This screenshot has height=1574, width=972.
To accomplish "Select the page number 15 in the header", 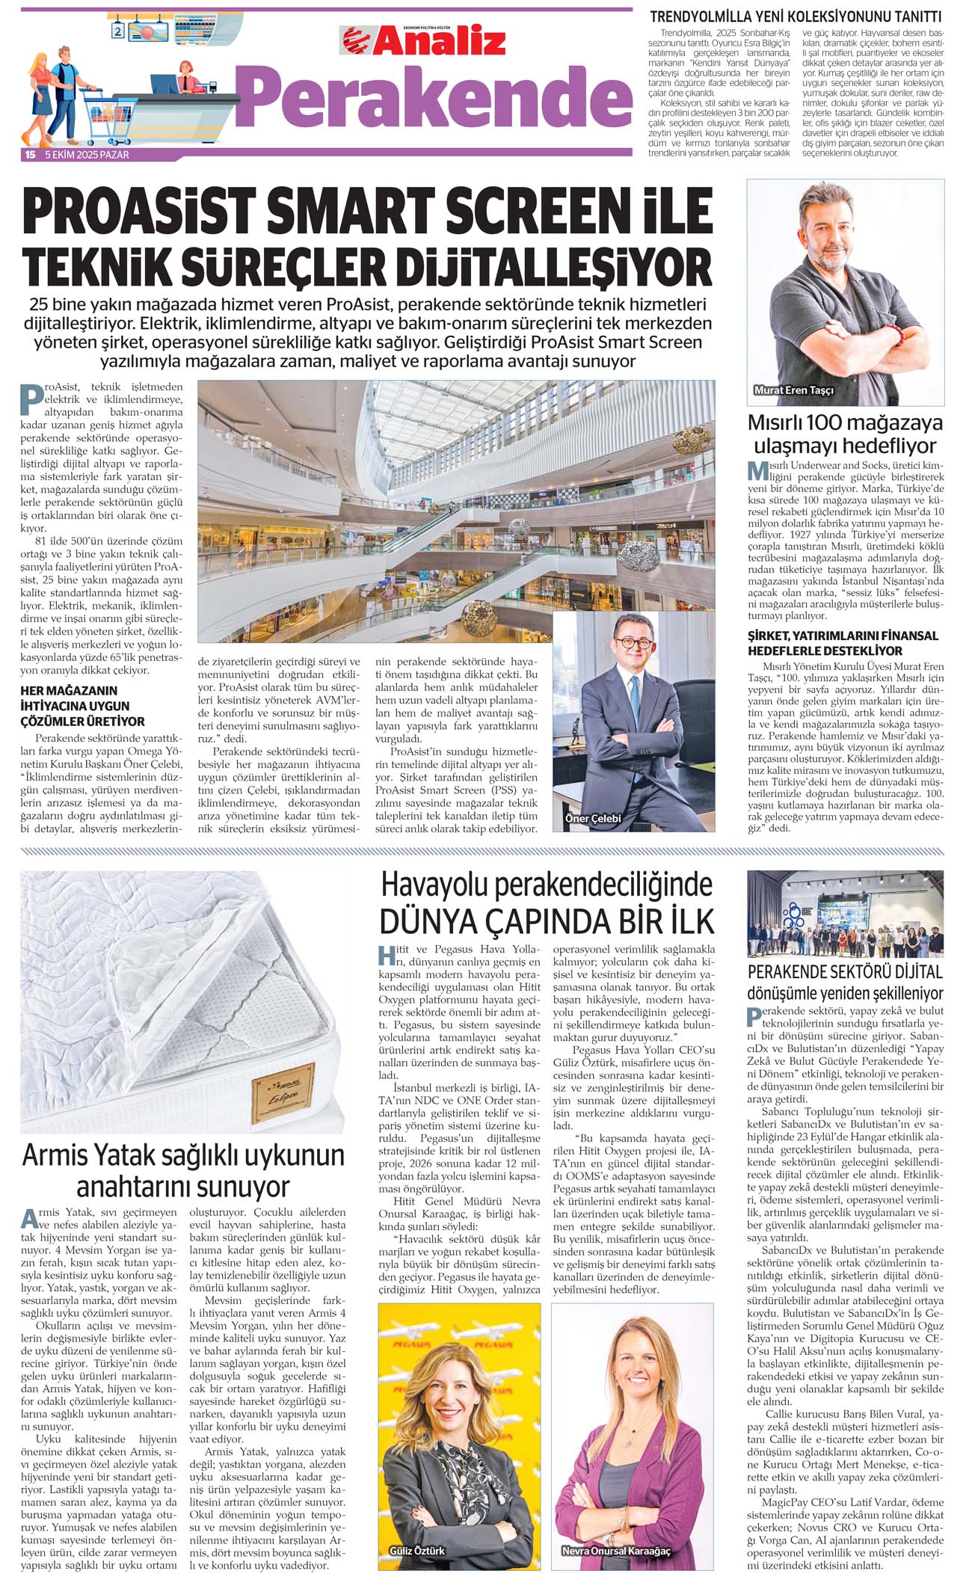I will pyautogui.click(x=30, y=155).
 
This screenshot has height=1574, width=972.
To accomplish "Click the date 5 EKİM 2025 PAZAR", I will pyautogui.click(x=87, y=155).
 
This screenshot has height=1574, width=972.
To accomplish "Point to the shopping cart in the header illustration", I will pyautogui.click(x=109, y=112).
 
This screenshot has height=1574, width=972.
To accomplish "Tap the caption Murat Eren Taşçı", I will pyautogui.click(x=794, y=390).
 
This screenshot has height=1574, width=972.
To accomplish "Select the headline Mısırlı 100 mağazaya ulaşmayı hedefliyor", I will pyautogui.click(x=845, y=434).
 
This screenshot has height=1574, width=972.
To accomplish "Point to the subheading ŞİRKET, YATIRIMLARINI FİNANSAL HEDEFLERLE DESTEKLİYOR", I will pyautogui.click(x=843, y=643).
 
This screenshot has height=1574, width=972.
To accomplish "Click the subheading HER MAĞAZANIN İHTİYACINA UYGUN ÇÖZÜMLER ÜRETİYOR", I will pyautogui.click(x=83, y=706).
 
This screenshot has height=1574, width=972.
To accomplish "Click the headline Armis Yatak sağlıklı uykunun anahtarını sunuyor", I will pyautogui.click(x=183, y=1170).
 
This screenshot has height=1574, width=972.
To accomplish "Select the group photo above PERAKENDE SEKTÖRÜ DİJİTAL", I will pyautogui.click(x=845, y=914).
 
